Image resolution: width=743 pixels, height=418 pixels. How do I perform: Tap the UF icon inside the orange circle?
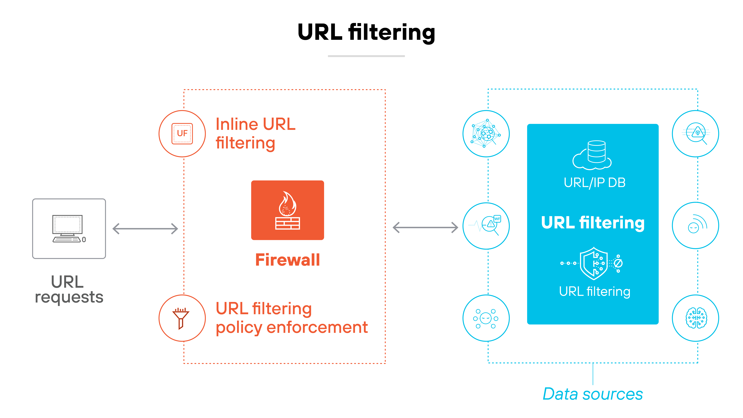182,134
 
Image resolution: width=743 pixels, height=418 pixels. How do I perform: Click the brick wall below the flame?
288,223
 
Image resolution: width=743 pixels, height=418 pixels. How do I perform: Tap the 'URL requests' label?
69,289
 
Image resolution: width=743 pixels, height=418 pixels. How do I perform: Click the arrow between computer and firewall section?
145,229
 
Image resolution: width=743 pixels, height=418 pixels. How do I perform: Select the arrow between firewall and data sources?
425,228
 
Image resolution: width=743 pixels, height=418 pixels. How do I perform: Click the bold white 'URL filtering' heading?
593,223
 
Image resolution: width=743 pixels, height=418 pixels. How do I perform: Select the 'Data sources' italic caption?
593,394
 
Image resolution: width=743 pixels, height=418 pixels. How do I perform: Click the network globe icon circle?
486,134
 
